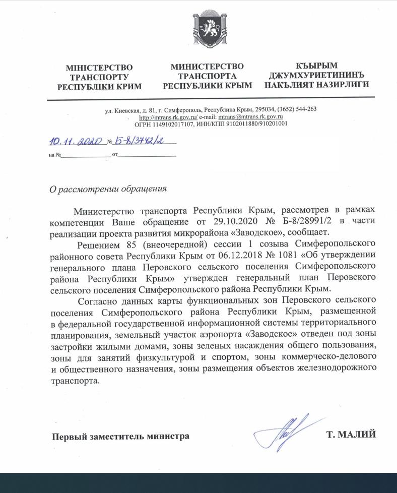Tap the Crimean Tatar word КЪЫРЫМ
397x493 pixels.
click(317, 66)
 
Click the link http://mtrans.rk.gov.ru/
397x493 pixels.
click(168, 116)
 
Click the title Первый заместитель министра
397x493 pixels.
click(121, 436)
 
